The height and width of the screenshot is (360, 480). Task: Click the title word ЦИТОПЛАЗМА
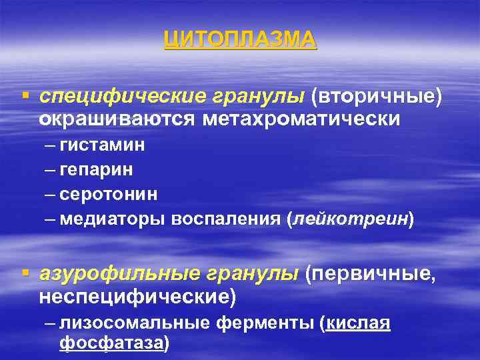(240, 41)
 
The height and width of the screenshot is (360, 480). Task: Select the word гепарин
(96, 170)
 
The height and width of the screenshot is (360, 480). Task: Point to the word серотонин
(109, 194)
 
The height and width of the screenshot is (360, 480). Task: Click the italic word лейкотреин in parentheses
(349, 219)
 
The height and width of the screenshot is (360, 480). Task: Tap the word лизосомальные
(135, 323)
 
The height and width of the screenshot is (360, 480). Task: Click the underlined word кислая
(357, 323)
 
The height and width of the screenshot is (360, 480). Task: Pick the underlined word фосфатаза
(111, 344)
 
